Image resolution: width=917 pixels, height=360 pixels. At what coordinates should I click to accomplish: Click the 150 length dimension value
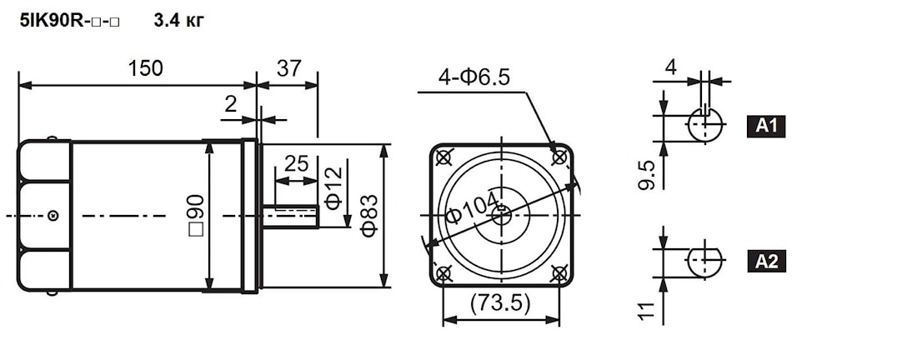pos(145,68)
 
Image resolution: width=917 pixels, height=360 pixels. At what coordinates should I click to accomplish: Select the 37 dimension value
pos(289,68)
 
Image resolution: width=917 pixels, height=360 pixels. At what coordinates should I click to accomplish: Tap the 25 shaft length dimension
pos(296,164)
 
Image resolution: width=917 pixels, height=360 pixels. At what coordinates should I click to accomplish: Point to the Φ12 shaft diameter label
pos(334,188)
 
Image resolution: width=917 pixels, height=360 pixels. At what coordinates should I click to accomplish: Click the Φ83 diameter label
pos(369,216)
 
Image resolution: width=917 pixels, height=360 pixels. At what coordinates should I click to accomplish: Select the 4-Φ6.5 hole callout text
pos(474,77)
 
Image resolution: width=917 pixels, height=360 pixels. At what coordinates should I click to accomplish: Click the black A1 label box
pos(766,126)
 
